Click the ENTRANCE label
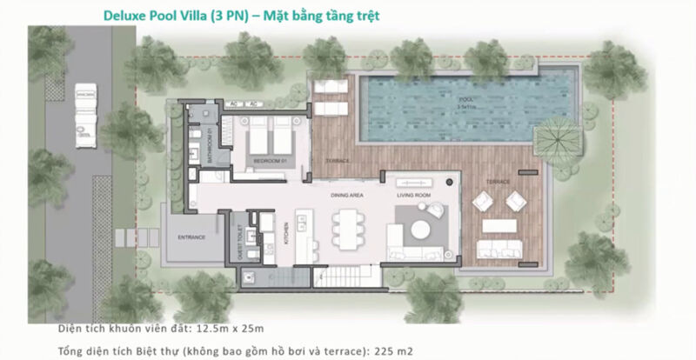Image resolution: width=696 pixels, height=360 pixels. pyautogui.click(x=191, y=237)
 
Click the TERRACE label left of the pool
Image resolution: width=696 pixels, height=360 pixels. pyautogui.click(x=337, y=162)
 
